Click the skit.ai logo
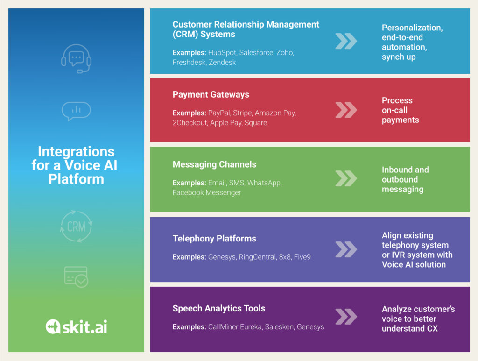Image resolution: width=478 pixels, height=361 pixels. pyautogui.click(x=76, y=326)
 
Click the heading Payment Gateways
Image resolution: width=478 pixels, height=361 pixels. pyautogui.click(x=211, y=94)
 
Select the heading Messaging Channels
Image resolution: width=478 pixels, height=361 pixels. pyautogui.click(x=214, y=164)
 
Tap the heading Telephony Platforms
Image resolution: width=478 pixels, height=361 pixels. pyautogui.click(x=214, y=239)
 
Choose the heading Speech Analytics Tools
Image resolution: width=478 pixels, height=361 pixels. pyautogui.click(x=219, y=308)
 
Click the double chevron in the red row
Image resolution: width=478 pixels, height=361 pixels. pyautogui.click(x=346, y=110)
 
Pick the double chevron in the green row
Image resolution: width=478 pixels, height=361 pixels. pyautogui.click(x=346, y=178)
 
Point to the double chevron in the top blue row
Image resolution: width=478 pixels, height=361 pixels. pyautogui.click(x=346, y=41)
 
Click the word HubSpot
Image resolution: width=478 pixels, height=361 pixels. pyautogui.click(x=222, y=53)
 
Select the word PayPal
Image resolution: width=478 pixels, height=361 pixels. pyautogui.click(x=219, y=113)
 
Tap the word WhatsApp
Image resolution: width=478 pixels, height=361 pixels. pyautogui.click(x=264, y=183)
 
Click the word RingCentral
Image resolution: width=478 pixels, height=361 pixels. pyautogui.click(x=258, y=257)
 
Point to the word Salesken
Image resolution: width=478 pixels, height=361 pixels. pyautogui.click(x=280, y=327)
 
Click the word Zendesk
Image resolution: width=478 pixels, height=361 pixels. pyautogui.click(x=222, y=63)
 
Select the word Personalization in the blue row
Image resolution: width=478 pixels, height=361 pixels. pyautogui.click(x=412, y=28)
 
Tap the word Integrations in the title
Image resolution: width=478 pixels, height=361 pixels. pyautogui.click(x=76, y=151)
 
